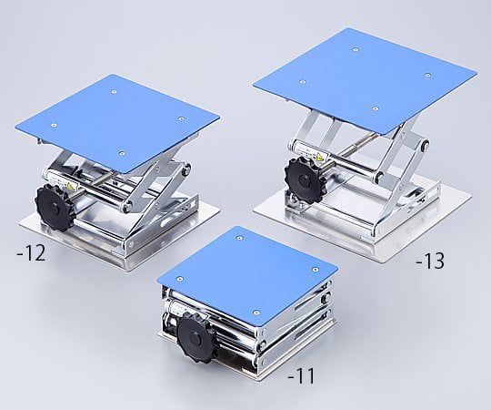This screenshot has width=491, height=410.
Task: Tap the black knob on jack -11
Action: (196, 337)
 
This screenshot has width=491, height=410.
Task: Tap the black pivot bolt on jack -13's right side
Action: (426, 145)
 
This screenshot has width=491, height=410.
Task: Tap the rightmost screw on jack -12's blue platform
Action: (181, 116)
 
